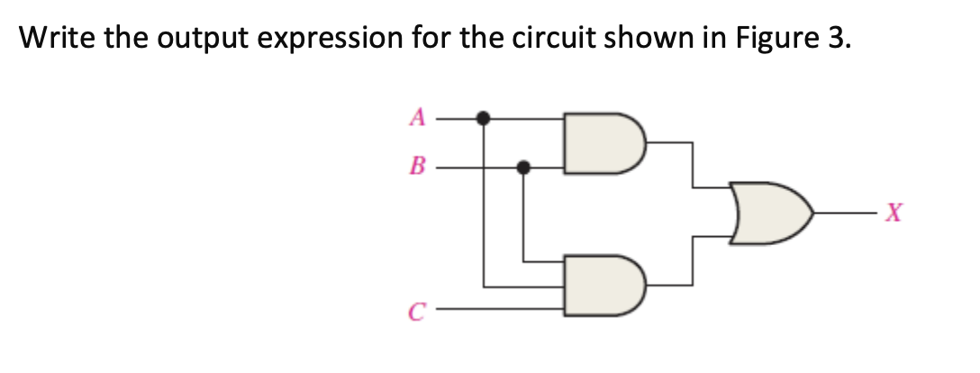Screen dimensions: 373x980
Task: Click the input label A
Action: tap(415, 116)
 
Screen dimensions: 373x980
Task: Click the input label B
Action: tap(416, 167)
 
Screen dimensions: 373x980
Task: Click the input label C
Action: tap(415, 311)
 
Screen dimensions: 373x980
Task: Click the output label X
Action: tap(892, 214)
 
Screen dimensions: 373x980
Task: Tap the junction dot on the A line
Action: tap(484, 117)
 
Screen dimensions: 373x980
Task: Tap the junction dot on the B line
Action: tap(523, 167)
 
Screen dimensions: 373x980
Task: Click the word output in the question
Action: tap(210, 39)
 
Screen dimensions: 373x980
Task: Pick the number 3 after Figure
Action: tap(838, 39)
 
